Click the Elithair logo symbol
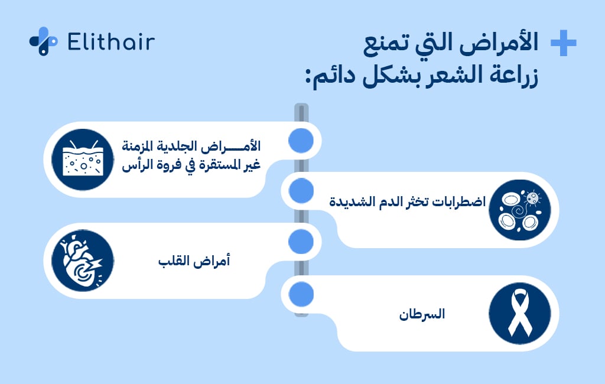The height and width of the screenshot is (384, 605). tap(43, 41)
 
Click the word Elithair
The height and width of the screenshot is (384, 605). tap(111, 42)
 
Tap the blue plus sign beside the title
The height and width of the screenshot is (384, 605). tap(563, 44)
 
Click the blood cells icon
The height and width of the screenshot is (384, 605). tap(520, 210)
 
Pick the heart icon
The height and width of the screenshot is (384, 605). tap(82, 261)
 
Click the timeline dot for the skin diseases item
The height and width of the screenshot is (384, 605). tap(301, 140)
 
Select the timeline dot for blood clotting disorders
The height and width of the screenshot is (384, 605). tap(301, 191)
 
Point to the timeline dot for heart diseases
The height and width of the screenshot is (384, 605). tap(301, 242)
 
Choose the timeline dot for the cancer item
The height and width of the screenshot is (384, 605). tap(301, 293)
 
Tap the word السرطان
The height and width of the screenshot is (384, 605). tap(421, 314)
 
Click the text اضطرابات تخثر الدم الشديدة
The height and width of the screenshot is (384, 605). tap(408, 201)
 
